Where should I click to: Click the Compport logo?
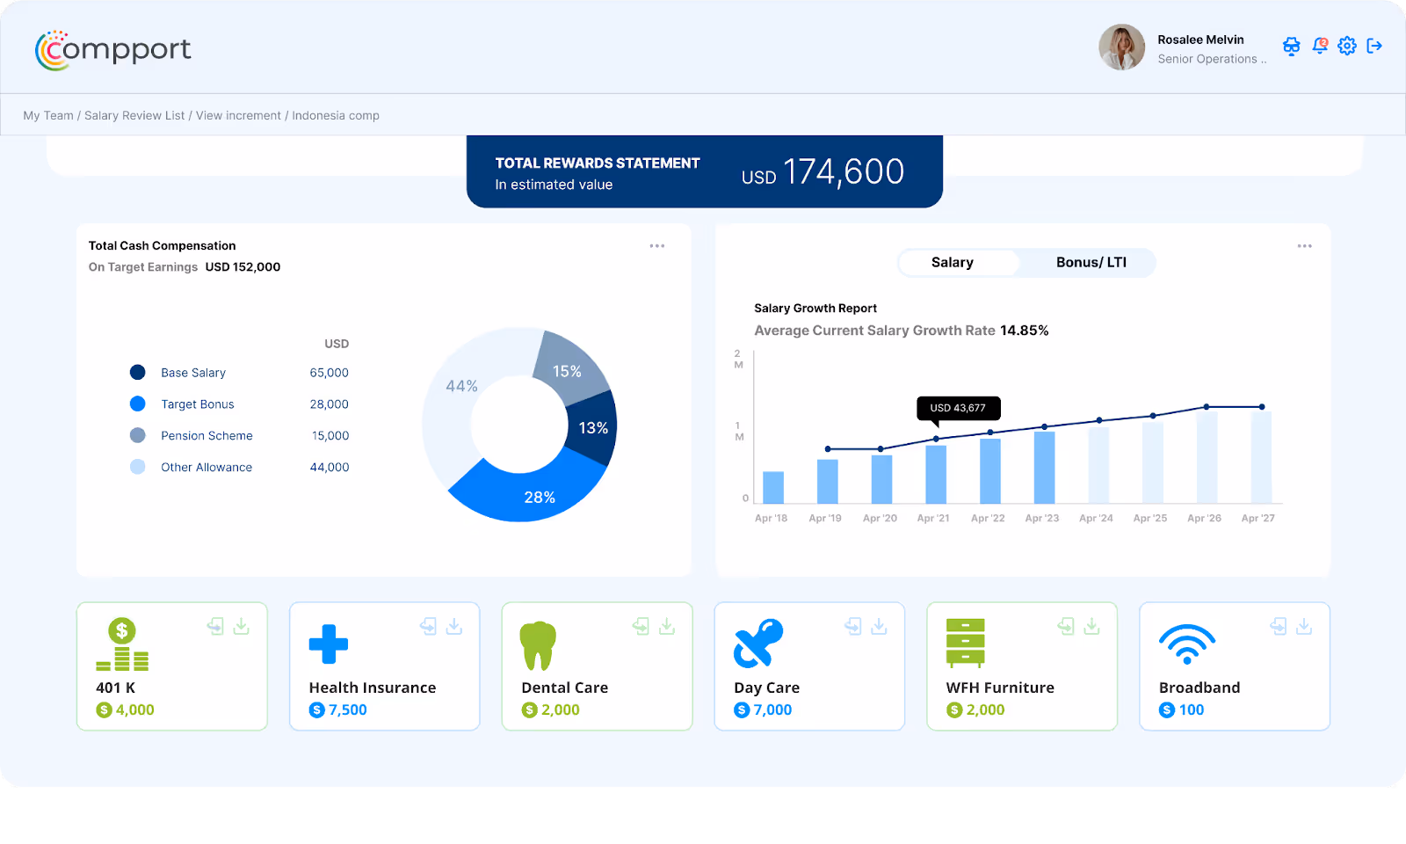point(112,50)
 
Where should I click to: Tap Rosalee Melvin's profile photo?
point(1121,47)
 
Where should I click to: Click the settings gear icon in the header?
point(1347,46)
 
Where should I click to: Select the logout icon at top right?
point(1374,46)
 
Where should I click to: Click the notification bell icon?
point(1320,46)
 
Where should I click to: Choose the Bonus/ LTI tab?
point(1091,263)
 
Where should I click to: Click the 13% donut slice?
point(593,428)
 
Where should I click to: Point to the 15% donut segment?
point(569,367)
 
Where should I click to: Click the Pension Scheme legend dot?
point(138,435)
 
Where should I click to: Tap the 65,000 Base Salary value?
point(329,373)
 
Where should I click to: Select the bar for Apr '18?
point(773,487)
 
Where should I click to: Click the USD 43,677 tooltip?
point(958,408)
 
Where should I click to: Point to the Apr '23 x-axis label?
point(1041,519)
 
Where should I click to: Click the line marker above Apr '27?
point(1262,407)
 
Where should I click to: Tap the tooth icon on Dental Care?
point(538,646)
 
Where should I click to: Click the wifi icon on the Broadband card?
point(1187,645)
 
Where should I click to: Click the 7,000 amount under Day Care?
point(772,710)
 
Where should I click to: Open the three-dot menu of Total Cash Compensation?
point(657,246)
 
